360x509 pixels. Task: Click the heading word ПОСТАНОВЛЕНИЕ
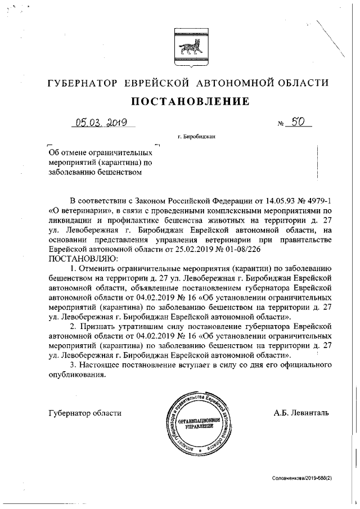pyautogui.click(x=190, y=101)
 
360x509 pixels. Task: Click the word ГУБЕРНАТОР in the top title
pyautogui.click(x=83, y=83)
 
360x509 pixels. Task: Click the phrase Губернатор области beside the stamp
pyautogui.click(x=85, y=413)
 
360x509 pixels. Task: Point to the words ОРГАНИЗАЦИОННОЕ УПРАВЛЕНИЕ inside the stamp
pyautogui.click(x=199, y=423)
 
